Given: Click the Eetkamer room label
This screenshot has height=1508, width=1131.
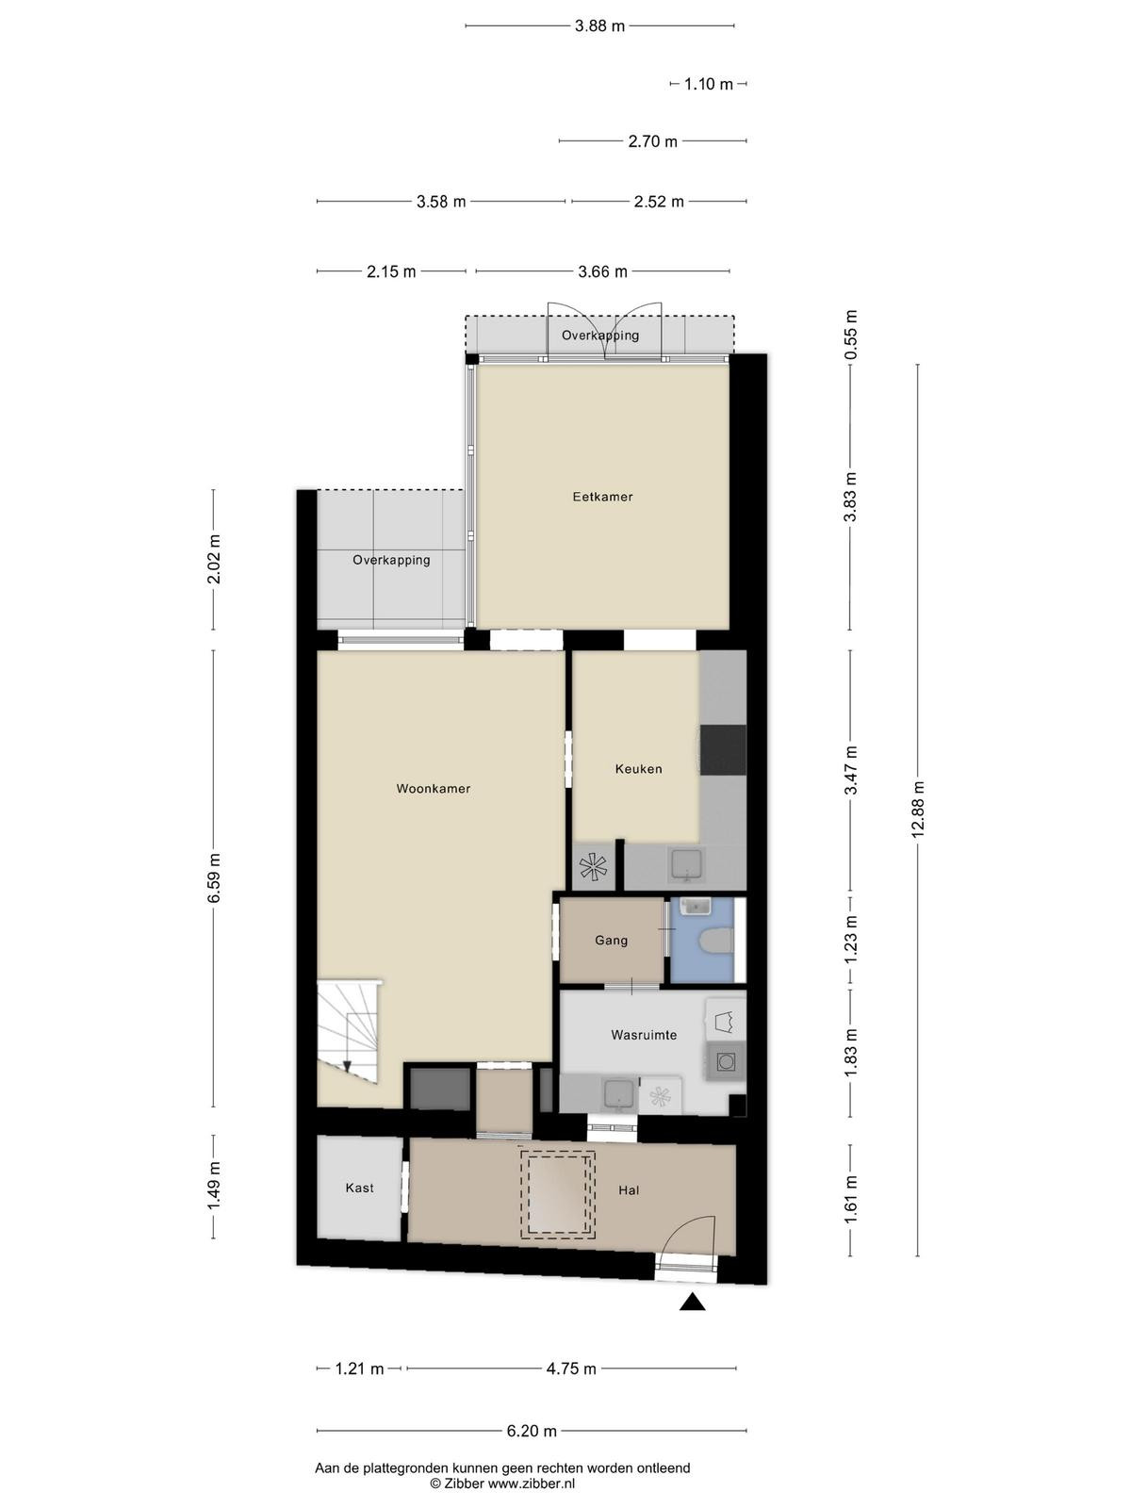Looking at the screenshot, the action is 602,496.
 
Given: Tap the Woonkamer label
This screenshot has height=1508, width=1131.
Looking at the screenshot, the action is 434,788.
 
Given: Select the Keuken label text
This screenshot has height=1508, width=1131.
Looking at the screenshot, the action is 639,769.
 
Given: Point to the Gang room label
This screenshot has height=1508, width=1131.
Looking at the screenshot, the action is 611,940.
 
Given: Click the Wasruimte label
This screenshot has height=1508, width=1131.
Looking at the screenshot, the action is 644,1035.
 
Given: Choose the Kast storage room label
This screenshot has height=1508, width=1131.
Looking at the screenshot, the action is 360,1188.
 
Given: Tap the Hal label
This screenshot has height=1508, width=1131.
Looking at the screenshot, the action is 629,1190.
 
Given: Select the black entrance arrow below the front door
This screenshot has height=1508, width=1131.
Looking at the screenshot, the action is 692,1302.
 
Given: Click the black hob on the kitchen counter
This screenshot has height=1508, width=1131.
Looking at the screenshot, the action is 723,750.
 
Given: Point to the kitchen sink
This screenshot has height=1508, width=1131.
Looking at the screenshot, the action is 687,866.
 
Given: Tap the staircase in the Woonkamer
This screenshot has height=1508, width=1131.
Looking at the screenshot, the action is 349,1031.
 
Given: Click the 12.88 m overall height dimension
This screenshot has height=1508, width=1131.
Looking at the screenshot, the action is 918,810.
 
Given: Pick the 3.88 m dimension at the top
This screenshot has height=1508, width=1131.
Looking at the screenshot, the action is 599,26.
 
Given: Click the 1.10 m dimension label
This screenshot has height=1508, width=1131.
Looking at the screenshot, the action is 709,84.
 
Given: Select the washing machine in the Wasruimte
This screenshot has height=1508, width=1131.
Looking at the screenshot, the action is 725,1062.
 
